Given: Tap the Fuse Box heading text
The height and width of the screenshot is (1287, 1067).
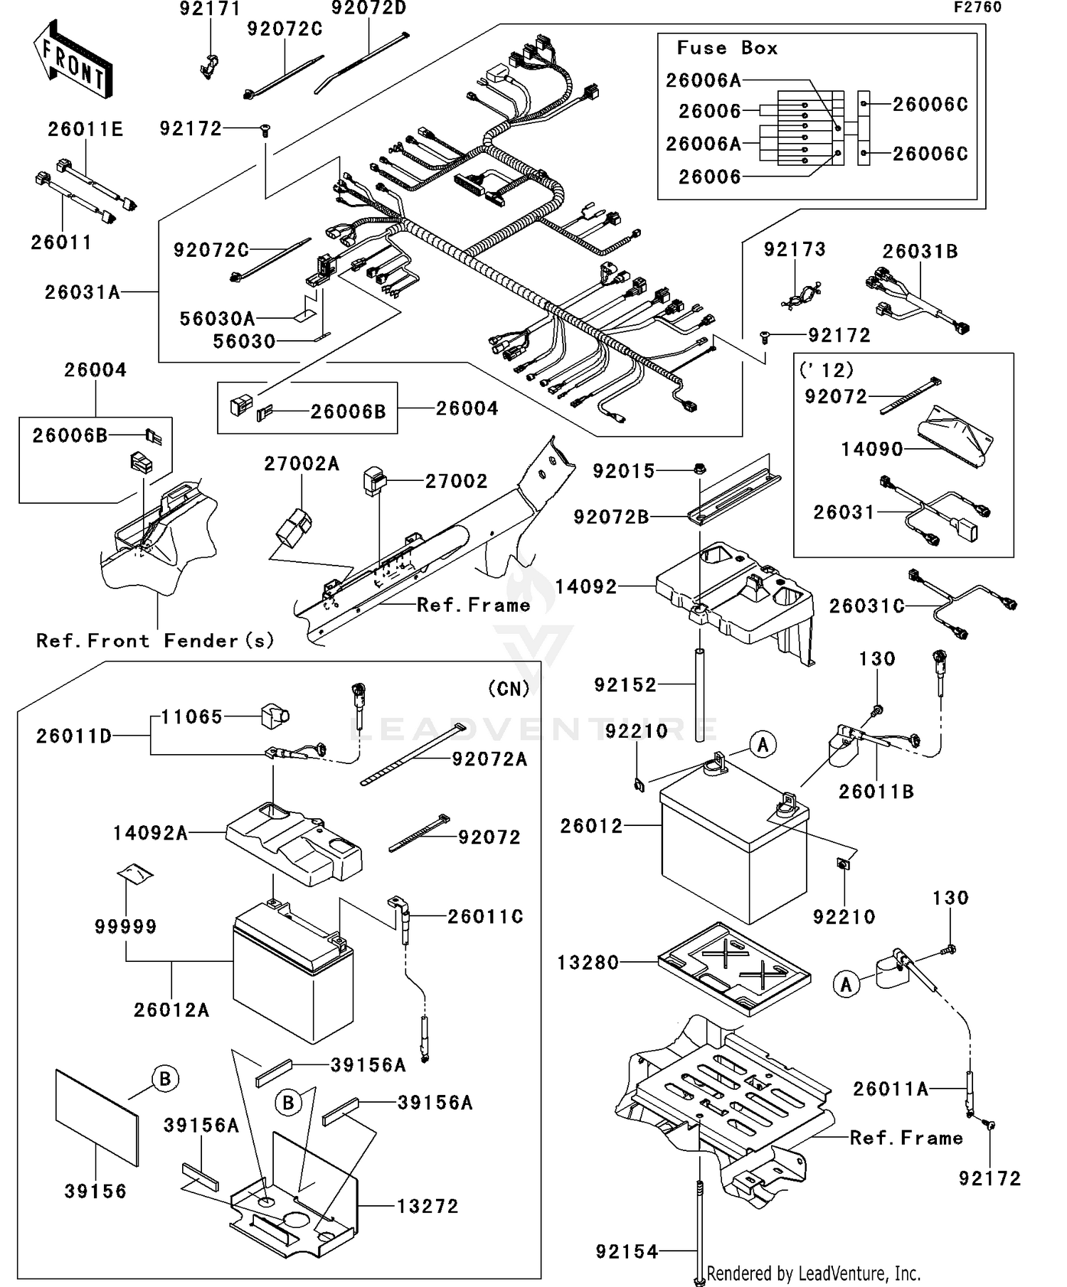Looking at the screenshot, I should point(726,48).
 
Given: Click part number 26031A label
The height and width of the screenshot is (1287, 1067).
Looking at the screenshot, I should point(82,292).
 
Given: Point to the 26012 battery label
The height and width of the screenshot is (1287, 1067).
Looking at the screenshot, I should point(590,826).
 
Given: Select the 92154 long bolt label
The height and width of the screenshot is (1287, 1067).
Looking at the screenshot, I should point(627,1251).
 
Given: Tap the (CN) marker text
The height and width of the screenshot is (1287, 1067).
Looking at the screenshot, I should point(509,689).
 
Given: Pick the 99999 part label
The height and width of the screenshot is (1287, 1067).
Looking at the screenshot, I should point(125,926).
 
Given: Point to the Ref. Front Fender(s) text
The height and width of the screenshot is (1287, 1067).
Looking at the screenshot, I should point(155,641).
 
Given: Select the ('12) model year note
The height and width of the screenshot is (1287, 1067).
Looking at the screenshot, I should point(826,370).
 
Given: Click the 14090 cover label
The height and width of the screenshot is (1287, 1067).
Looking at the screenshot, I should point(871,449).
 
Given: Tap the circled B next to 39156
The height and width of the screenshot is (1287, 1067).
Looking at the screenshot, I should point(164,1079).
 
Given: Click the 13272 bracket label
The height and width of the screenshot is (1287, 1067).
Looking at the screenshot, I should point(427,1206).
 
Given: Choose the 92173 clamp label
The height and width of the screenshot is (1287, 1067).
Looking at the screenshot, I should point(795,250).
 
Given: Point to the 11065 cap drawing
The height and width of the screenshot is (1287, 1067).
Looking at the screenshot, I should point(274,716).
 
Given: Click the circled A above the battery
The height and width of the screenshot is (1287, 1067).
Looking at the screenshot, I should point(763,745).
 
